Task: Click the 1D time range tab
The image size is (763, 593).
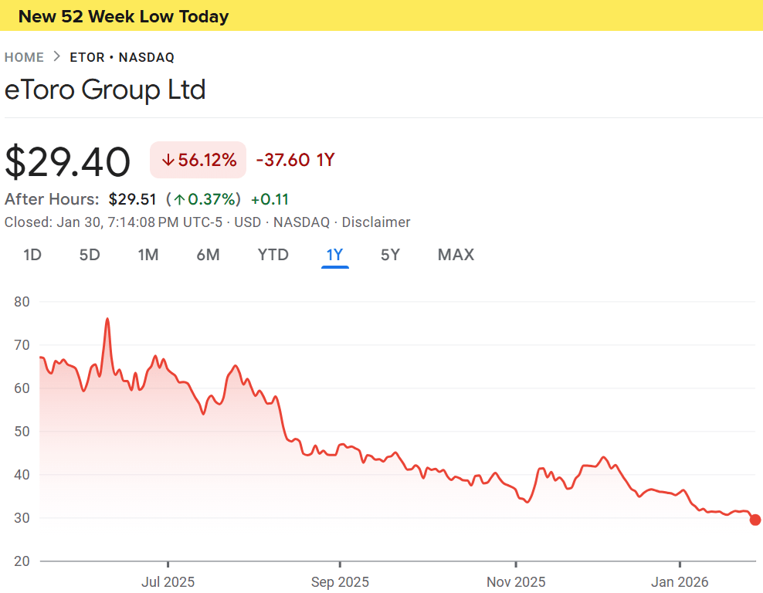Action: coord(32,255)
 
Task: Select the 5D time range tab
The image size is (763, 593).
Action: coord(90,255)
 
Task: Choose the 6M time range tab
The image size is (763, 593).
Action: coord(208,255)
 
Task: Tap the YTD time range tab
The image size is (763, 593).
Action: coord(273,255)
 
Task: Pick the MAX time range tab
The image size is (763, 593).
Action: coord(456,255)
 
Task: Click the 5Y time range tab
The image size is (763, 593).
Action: coord(390,255)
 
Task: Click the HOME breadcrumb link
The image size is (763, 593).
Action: coord(24,57)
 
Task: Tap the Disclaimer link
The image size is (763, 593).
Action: coord(376,222)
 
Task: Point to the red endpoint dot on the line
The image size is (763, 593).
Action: coord(755,520)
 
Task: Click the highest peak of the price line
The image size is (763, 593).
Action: coord(107,319)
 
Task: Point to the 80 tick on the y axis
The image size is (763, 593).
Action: coord(22,302)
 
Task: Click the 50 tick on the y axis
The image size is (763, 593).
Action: coord(22,432)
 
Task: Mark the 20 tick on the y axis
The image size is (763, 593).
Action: coord(22,561)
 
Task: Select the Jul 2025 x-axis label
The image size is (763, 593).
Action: coord(168,581)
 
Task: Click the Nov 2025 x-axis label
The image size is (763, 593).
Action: coord(516,581)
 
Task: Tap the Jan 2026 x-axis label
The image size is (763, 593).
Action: coord(680,581)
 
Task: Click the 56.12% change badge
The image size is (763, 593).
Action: coord(198,160)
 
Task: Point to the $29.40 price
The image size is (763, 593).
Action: coord(68,162)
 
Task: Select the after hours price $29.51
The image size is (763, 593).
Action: coord(133,199)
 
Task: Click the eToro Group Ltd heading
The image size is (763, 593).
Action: coord(105,90)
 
